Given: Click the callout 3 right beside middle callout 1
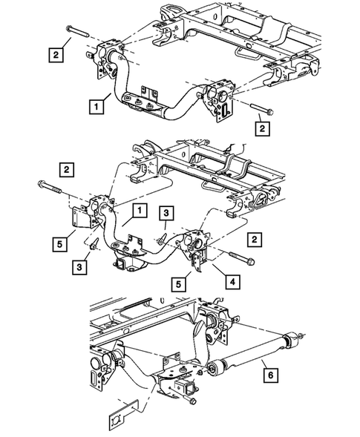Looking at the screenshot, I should click(168, 214).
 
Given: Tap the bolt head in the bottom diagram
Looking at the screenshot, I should click(193, 400).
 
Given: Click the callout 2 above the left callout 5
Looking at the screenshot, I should click(67, 170).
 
